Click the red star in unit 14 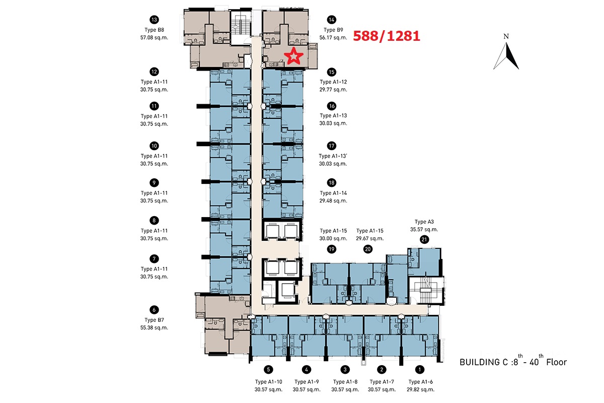pos(293,56)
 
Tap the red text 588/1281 pos(387,36)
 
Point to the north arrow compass pos(506,52)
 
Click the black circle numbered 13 pos(154,20)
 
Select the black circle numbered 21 pos(424,239)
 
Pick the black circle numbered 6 pos(154,310)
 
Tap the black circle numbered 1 pos(420,370)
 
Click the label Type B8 pos(154,30)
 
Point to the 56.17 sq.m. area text pos(333,37)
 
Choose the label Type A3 pos(424,222)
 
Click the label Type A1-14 pos(333,193)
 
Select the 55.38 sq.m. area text pos(154,327)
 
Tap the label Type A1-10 pos(269,382)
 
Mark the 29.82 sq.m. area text pos(421,389)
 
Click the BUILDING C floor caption pos(513,361)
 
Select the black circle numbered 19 pos(332,249)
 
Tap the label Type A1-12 pos(333,82)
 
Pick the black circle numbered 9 pos(154,183)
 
